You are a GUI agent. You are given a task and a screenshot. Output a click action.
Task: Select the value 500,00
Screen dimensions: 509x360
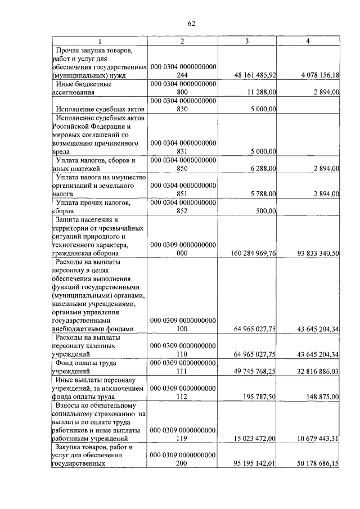[266, 211]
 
